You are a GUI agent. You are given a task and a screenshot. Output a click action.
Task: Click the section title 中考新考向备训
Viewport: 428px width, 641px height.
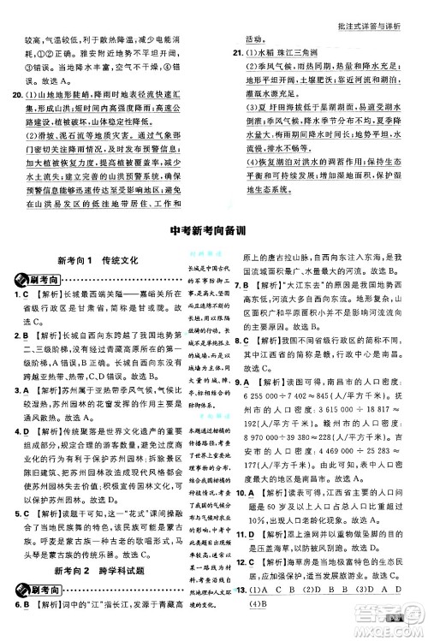(213, 228)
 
